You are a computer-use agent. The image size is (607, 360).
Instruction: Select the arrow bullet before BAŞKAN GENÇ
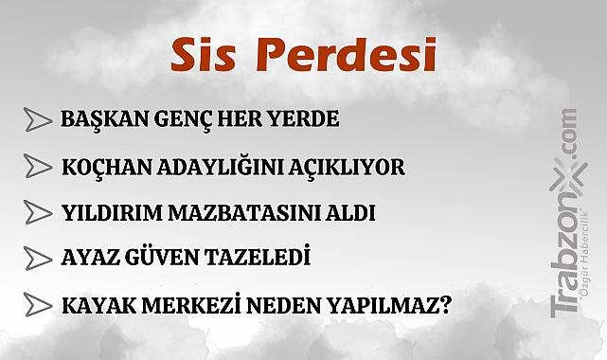coord(37,120)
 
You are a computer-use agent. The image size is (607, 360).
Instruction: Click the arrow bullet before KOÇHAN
coord(37,167)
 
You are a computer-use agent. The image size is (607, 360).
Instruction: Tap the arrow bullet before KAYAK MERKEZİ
coord(37,305)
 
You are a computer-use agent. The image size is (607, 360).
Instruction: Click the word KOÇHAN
coord(101,168)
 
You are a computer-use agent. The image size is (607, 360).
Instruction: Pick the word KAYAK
coord(89,306)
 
